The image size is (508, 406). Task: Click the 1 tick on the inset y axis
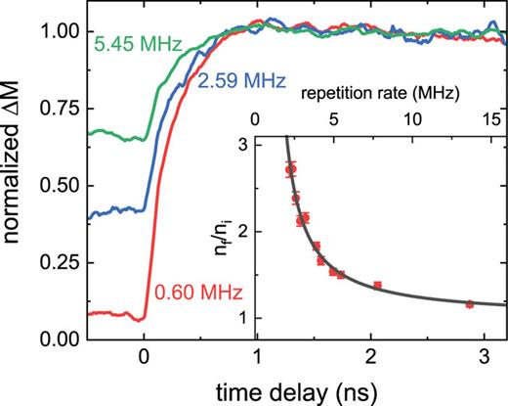point(240,318)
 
